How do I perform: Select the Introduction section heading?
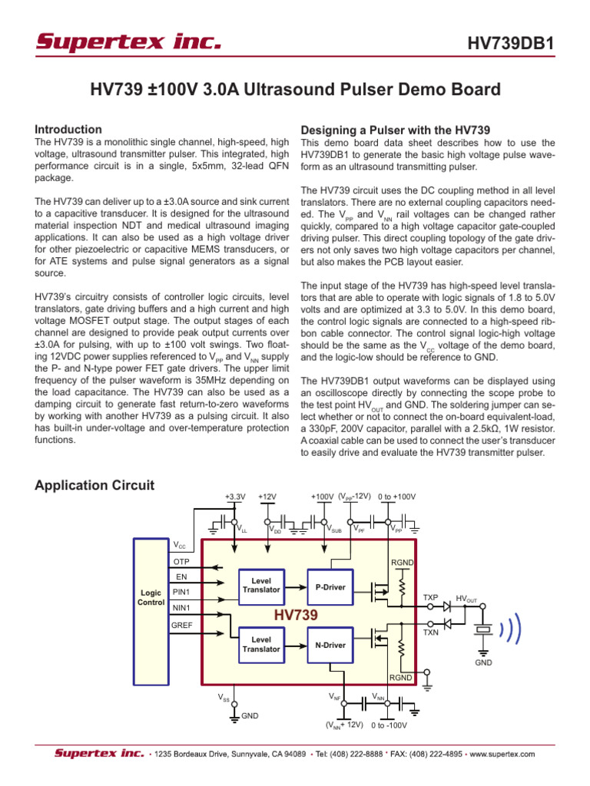69,130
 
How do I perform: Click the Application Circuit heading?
95,485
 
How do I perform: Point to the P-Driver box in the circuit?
330,586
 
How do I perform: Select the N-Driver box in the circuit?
330,645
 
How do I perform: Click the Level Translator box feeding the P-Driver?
261,584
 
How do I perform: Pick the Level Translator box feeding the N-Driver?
261,644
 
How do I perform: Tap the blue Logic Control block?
151,598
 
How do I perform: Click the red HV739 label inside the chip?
296,616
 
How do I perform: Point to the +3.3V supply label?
234,497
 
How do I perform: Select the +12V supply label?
267,497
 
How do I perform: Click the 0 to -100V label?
389,725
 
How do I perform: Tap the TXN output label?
431,632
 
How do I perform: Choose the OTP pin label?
181,561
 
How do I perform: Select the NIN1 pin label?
182,608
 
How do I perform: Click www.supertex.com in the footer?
502,755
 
